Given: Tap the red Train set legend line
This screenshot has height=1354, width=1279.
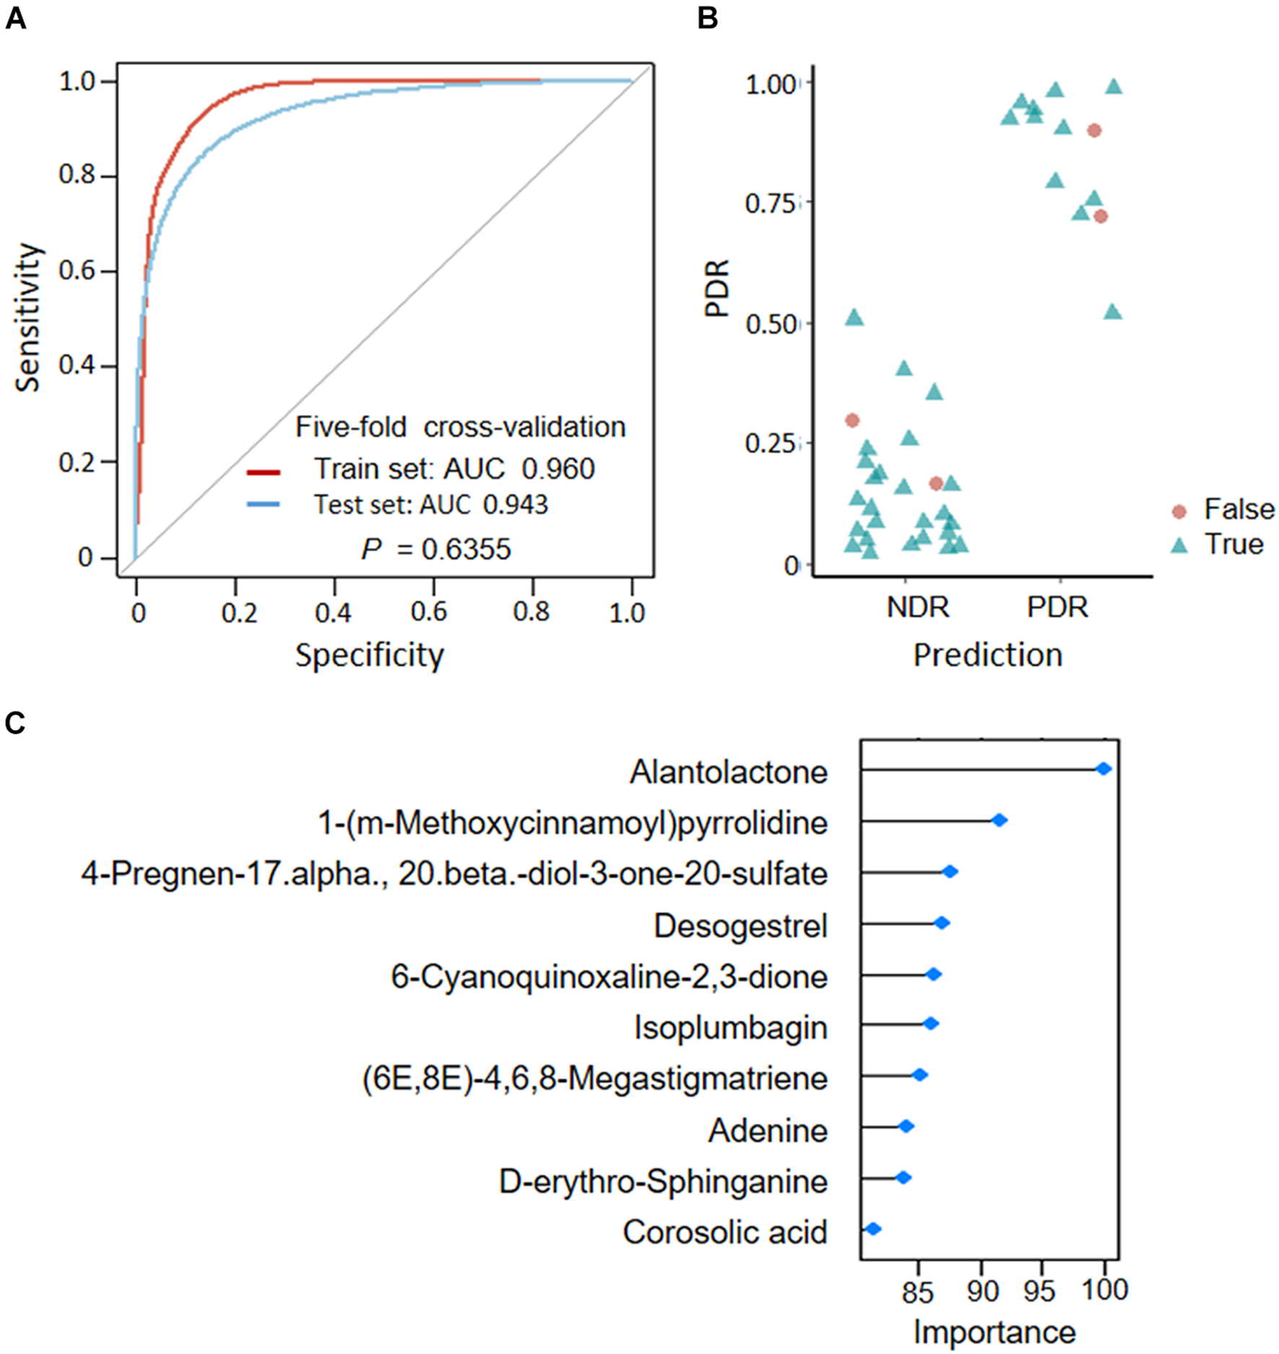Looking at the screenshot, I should click(x=263, y=473).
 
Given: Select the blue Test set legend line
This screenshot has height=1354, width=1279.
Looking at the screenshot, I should click(x=263, y=505).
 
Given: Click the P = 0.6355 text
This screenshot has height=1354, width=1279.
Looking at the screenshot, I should click(x=436, y=550).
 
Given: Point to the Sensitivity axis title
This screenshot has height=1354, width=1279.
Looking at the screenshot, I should click(x=27, y=318).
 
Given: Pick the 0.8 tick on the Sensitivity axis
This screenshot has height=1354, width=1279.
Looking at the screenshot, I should click(x=77, y=175).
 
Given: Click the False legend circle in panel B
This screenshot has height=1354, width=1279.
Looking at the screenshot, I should click(x=1179, y=512).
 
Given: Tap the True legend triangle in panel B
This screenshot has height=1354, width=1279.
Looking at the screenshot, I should click(x=1179, y=546).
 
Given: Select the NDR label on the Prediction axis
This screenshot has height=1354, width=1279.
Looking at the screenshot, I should click(x=917, y=608).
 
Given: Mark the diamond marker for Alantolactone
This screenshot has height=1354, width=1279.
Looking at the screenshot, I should click(x=1104, y=769).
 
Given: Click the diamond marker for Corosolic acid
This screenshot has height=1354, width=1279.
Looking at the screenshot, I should click(x=873, y=1229).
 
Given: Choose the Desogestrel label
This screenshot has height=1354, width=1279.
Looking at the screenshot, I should click(x=740, y=926).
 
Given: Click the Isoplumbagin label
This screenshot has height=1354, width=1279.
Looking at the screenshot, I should click(x=730, y=1028).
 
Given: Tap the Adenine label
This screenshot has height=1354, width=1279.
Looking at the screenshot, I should click(x=767, y=1131).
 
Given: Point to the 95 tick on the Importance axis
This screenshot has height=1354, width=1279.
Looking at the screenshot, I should click(x=1039, y=1290).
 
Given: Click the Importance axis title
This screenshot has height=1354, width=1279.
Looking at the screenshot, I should click(x=994, y=1332).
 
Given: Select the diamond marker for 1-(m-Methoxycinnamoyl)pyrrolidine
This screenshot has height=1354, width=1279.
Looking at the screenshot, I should click(x=1000, y=821).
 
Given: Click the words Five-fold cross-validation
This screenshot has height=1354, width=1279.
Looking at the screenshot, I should click(x=460, y=427).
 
